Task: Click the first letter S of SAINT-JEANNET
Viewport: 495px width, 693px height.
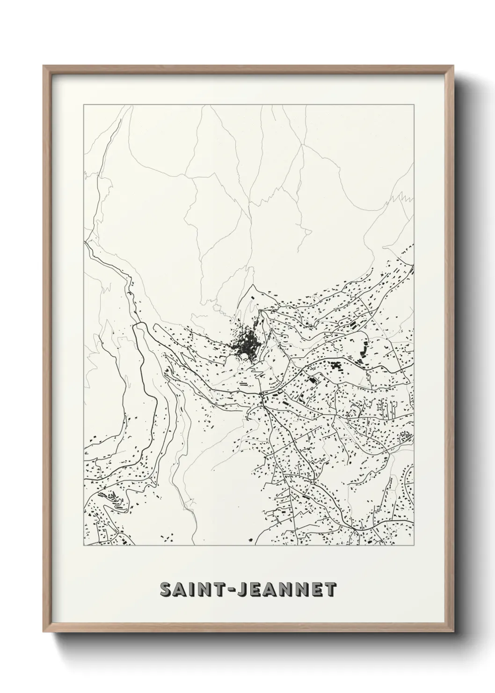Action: click(166, 590)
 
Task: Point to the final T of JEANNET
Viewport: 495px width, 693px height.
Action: click(330, 590)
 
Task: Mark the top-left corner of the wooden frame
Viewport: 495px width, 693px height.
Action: click(44, 66)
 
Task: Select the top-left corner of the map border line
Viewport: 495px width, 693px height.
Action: click(84, 105)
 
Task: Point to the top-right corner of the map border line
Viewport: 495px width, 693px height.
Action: click(414, 105)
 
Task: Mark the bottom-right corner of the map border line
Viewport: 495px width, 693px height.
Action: click(414, 546)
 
